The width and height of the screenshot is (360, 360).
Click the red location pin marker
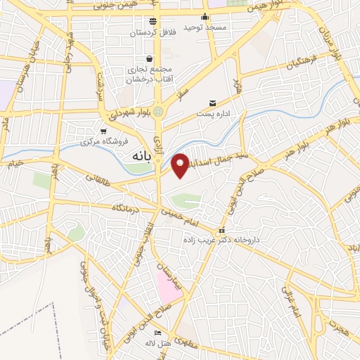(x=180, y=165)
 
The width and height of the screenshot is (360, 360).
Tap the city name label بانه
(x=138, y=157)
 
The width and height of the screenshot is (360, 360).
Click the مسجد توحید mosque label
(x=205, y=27)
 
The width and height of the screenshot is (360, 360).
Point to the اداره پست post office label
(x=212, y=113)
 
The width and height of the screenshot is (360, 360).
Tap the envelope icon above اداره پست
(x=212, y=103)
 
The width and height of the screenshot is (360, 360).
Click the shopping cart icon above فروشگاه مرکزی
(x=104, y=131)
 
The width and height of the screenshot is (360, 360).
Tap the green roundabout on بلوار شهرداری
(x=160, y=110)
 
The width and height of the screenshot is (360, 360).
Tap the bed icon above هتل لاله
(x=157, y=333)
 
